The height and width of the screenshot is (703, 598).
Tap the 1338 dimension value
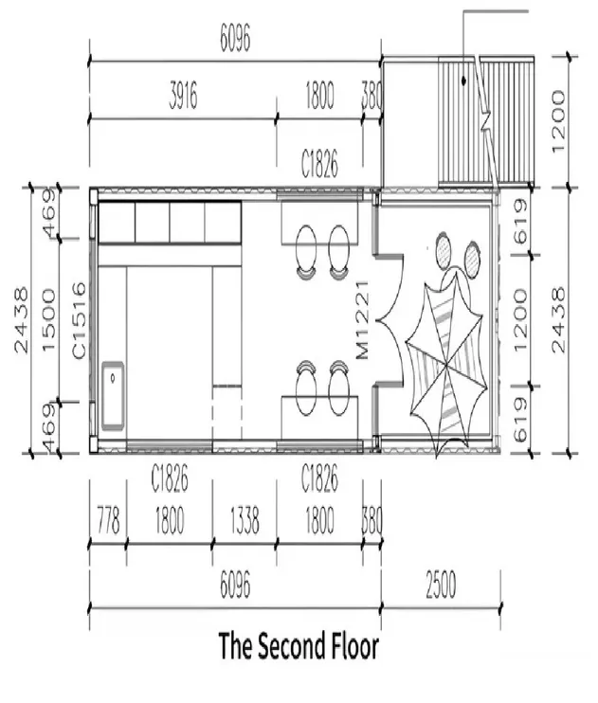click(x=245, y=521)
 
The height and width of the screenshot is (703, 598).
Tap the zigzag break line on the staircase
click(x=486, y=123)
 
